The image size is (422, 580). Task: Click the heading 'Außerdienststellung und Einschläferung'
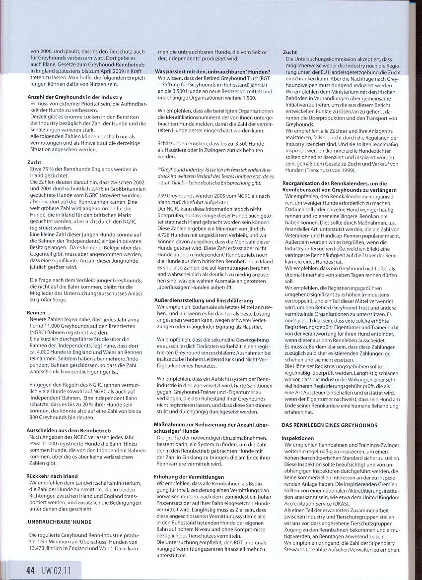[x=204, y=300]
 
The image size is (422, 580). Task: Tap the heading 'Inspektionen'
[x=297, y=439]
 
